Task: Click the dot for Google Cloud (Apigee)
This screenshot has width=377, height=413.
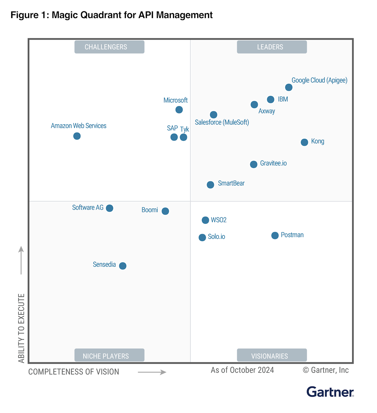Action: point(288,87)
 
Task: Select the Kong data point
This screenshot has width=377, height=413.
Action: point(304,142)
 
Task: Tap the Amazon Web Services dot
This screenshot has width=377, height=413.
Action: point(77,136)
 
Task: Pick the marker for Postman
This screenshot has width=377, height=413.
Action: point(275,235)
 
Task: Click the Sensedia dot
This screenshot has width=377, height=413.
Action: point(123,266)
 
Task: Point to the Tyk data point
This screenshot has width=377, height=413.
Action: point(184,137)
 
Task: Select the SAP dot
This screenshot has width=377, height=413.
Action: point(174,137)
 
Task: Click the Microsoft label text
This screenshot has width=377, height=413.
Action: point(175,100)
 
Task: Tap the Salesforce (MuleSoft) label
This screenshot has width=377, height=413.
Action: point(222,122)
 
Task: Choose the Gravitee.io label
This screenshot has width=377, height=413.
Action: point(273,163)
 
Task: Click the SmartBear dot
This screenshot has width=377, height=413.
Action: point(210,185)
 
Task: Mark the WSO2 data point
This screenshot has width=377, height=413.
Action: point(205,220)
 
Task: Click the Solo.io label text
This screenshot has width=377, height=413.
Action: point(216,236)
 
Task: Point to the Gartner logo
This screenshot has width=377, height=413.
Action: point(330,392)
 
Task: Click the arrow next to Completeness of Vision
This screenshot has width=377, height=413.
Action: point(152,372)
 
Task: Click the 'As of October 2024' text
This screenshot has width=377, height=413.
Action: point(242,370)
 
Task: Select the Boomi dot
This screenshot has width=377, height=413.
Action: point(165,211)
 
